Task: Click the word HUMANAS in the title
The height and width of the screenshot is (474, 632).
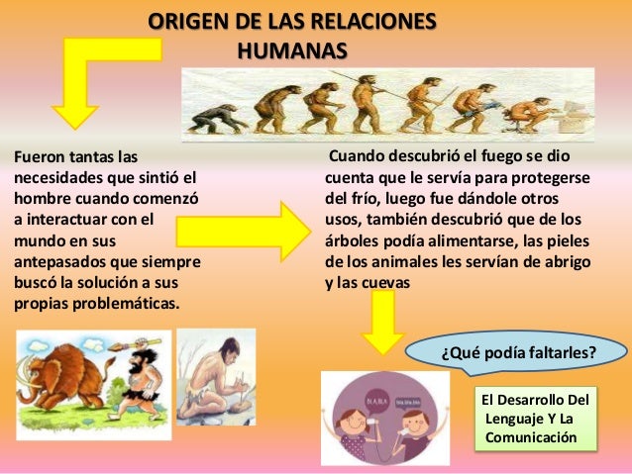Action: [292, 48]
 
